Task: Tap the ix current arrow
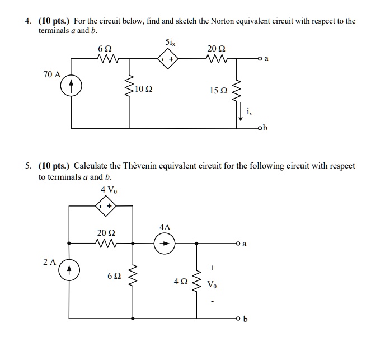(x=241, y=113)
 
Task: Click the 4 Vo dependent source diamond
(x=105, y=207)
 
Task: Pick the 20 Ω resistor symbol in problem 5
(x=104, y=244)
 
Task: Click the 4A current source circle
(x=165, y=244)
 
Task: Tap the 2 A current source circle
(x=69, y=269)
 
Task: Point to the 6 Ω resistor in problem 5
(x=133, y=276)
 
